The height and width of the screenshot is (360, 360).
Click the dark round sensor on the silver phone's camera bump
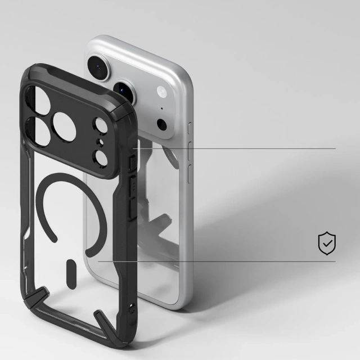[x=162, y=125]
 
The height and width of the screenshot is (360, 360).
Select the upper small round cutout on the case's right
[x=102, y=127]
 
